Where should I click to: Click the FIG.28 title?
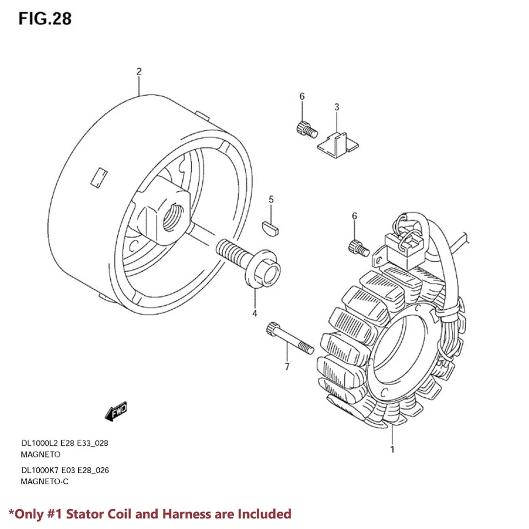point(45,18)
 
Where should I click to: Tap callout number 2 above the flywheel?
point(139,72)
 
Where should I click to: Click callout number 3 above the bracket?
point(337,106)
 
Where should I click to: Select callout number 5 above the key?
point(271,199)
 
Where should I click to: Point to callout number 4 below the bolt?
point(255,314)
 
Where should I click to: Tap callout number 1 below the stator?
point(392,449)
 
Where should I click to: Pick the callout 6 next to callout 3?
point(302,97)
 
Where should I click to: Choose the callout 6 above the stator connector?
point(354,215)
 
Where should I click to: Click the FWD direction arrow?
point(116,411)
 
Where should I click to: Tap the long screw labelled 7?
point(289,338)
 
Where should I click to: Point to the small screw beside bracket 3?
point(305,129)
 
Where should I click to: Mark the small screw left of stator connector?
point(358,248)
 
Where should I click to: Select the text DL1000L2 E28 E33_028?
point(68,443)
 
